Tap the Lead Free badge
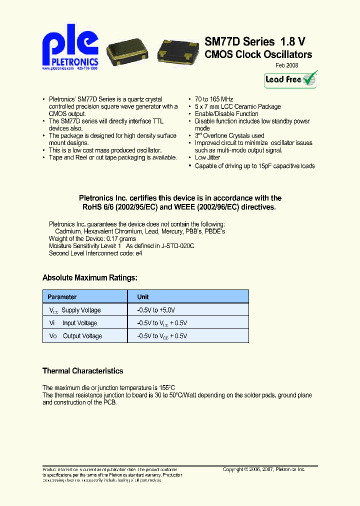(x=291, y=79)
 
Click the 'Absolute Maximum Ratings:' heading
(x=89, y=277)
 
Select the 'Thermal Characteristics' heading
(x=82, y=371)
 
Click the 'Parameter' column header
(x=62, y=297)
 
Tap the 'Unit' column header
(x=143, y=297)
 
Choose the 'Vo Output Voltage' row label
(x=75, y=336)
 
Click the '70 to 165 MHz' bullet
(x=214, y=99)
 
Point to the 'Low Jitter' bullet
(x=207, y=158)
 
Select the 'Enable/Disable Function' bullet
(x=226, y=114)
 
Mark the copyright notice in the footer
(x=264, y=469)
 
